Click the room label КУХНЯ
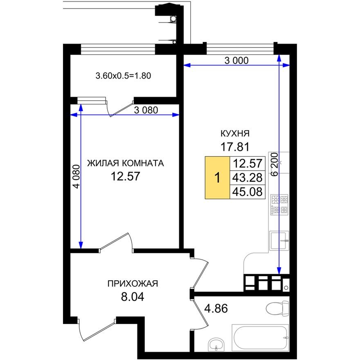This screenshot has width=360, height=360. coord(235,134)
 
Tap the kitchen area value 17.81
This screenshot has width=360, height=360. coord(235,146)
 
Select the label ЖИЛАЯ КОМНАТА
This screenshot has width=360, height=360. coord(125,163)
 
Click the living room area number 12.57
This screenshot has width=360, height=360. coord(125,176)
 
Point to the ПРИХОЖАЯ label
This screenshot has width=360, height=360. coord(133,283)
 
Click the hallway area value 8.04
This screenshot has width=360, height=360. coord(133,296)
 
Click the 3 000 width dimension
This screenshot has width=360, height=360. coord(236,61)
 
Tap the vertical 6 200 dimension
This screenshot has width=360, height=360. coord(274,164)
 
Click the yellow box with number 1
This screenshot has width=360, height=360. coord(218,178)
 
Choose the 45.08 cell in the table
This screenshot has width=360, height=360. coord(247,191)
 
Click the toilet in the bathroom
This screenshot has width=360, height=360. coord(277,307)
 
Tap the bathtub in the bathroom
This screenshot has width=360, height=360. coord(260,337)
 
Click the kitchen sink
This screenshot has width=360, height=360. coord(279,240)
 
